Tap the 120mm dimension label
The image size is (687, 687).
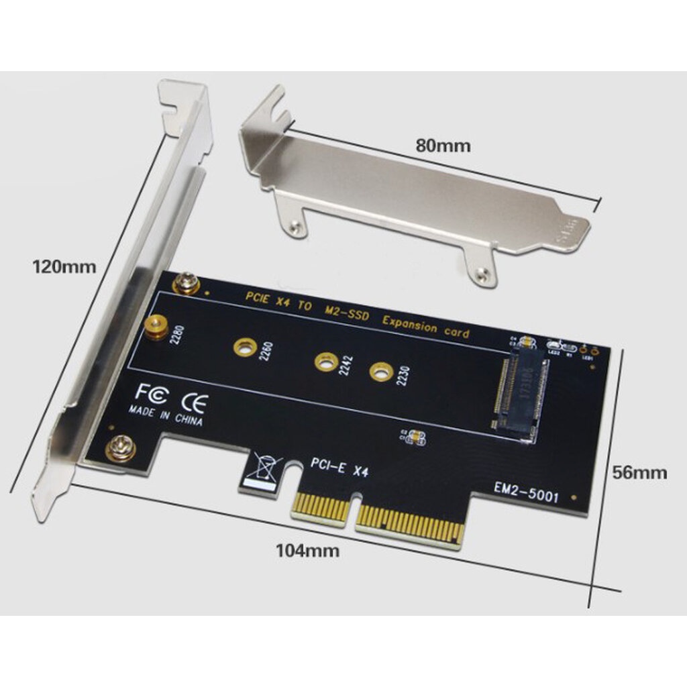click(64, 266)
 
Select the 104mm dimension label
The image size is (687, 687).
click(307, 551)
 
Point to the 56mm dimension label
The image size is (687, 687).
click(640, 472)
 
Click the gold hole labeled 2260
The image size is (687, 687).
click(242, 347)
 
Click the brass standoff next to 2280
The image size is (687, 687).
click(156, 327)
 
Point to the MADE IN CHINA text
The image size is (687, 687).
click(165, 417)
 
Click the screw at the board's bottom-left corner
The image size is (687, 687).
click(121, 447)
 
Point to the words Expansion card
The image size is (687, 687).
click(425, 327)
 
